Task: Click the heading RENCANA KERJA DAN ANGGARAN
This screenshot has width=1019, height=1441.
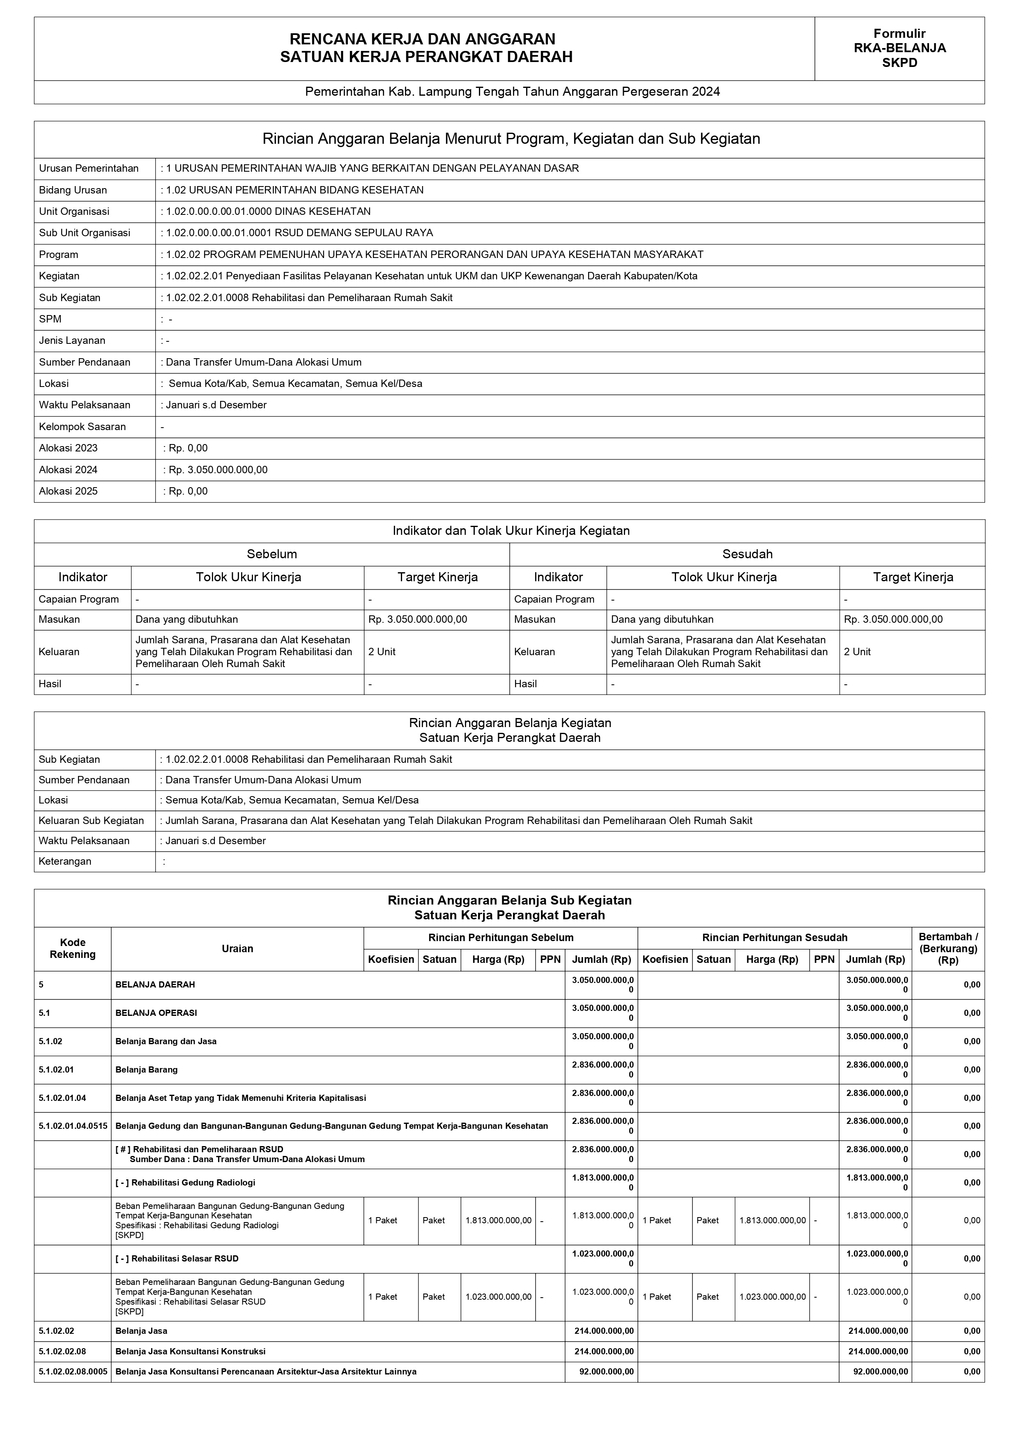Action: tap(422, 40)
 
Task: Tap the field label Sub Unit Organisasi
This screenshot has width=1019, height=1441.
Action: tap(85, 233)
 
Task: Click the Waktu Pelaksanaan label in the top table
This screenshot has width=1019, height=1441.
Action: tap(82, 405)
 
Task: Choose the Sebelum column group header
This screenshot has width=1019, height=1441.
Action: tap(271, 554)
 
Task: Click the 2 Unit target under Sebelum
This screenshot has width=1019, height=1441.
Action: tap(382, 651)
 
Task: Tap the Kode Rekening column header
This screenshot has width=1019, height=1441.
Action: tap(73, 948)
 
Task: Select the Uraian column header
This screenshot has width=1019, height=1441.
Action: tap(237, 948)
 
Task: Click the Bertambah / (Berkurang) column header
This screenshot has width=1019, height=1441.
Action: tap(948, 948)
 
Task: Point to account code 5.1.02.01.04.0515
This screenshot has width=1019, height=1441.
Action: tap(73, 1126)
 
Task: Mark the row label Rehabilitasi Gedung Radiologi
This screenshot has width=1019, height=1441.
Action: tap(186, 1183)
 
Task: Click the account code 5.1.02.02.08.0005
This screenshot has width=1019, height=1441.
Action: tap(73, 1371)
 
